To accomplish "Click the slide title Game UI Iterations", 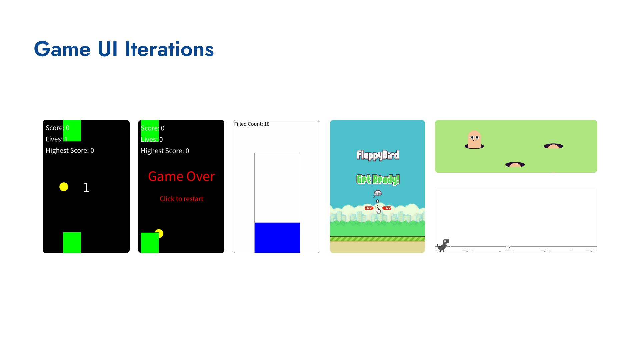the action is tap(124, 49).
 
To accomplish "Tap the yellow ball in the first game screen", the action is tap(64, 187).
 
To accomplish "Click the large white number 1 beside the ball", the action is tap(86, 187).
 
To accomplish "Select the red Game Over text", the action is tap(181, 176).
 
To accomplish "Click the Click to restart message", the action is tap(181, 199).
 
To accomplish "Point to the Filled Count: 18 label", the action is tap(252, 124).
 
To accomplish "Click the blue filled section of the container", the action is tap(277, 238).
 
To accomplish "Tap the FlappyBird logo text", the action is tap(378, 155).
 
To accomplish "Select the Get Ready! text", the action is tap(378, 180).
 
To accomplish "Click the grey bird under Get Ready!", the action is tap(378, 193).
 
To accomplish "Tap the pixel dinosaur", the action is tap(443, 246).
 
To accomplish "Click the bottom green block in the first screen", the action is tap(72, 243).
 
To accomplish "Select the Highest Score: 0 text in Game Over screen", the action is tap(165, 151).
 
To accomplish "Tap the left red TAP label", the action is tap(369, 208).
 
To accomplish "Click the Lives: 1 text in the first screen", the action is tap(57, 139).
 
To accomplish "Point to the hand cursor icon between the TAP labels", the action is tap(378, 209).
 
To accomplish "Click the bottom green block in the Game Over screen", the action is tap(150, 243).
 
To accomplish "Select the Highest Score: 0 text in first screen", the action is tap(70, 150).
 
